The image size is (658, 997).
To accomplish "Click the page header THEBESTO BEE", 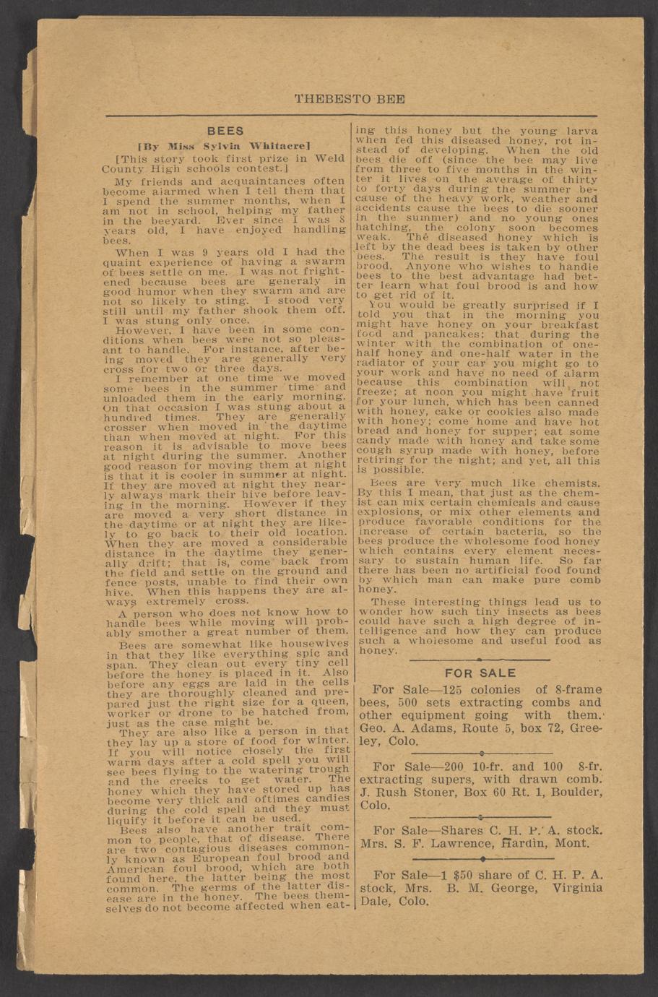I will [350, 99].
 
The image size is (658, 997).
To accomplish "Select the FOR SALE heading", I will [480, 673].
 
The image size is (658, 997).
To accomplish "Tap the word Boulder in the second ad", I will [576, 793].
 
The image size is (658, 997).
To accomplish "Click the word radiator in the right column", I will [382, 363].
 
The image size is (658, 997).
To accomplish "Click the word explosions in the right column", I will [391, 511].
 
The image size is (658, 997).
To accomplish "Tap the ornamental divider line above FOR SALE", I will [480, 659].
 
